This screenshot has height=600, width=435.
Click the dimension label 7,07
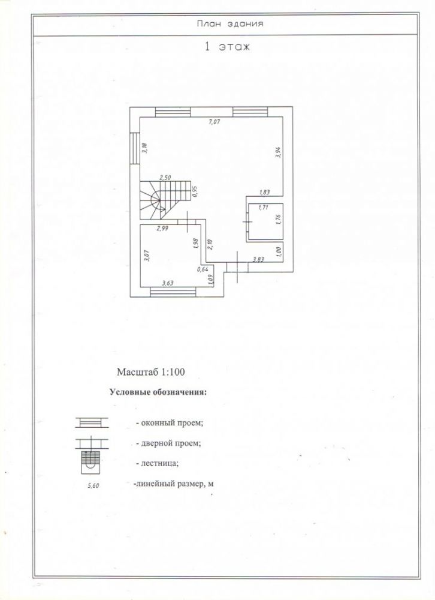[x=215, y=122]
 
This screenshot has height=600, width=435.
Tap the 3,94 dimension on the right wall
[x=278, y=152]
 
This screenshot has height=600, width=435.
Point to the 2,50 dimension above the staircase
[x=165, y=178]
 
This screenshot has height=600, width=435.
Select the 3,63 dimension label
[x=167, y=283]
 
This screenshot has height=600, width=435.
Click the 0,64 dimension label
[x=202, y=269]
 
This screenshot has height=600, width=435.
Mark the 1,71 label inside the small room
[x=264, y=208]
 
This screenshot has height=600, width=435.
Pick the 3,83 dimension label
[x=258, y=259]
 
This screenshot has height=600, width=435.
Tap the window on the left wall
[x=134, y=148]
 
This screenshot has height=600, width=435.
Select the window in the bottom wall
[x=173, y=292]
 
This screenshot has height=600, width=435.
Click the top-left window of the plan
[x=173, y=112]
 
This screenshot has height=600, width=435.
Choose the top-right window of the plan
[x=250, y=112]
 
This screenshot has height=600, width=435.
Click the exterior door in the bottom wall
[x=237, y=267]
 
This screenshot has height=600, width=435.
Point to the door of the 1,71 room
[x=247, y=222]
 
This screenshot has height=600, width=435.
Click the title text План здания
[x=230, y=24]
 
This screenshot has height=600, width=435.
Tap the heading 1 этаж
[x=228, y=47]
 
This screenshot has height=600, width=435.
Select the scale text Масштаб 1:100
[x=150, y=372]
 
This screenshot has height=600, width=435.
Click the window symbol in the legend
[x=92, y=422]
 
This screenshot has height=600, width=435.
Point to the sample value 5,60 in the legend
[x=93, y=487]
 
